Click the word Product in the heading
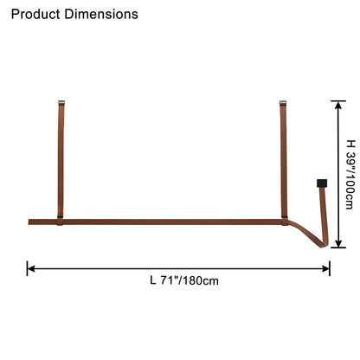click(x=35, y=14)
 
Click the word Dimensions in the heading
click(x=101, y=14)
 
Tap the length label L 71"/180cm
click(x=184, y=280)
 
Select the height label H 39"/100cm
click(x=350, y=174)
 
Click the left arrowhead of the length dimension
click(x=30, y=268)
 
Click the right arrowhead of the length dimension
click(x=326, y=268)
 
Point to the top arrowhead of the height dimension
click(x=338, y=105)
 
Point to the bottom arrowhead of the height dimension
click(x=338, y=243)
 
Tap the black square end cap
click(x=322, y=183)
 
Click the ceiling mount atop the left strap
click(x=61, y=103)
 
